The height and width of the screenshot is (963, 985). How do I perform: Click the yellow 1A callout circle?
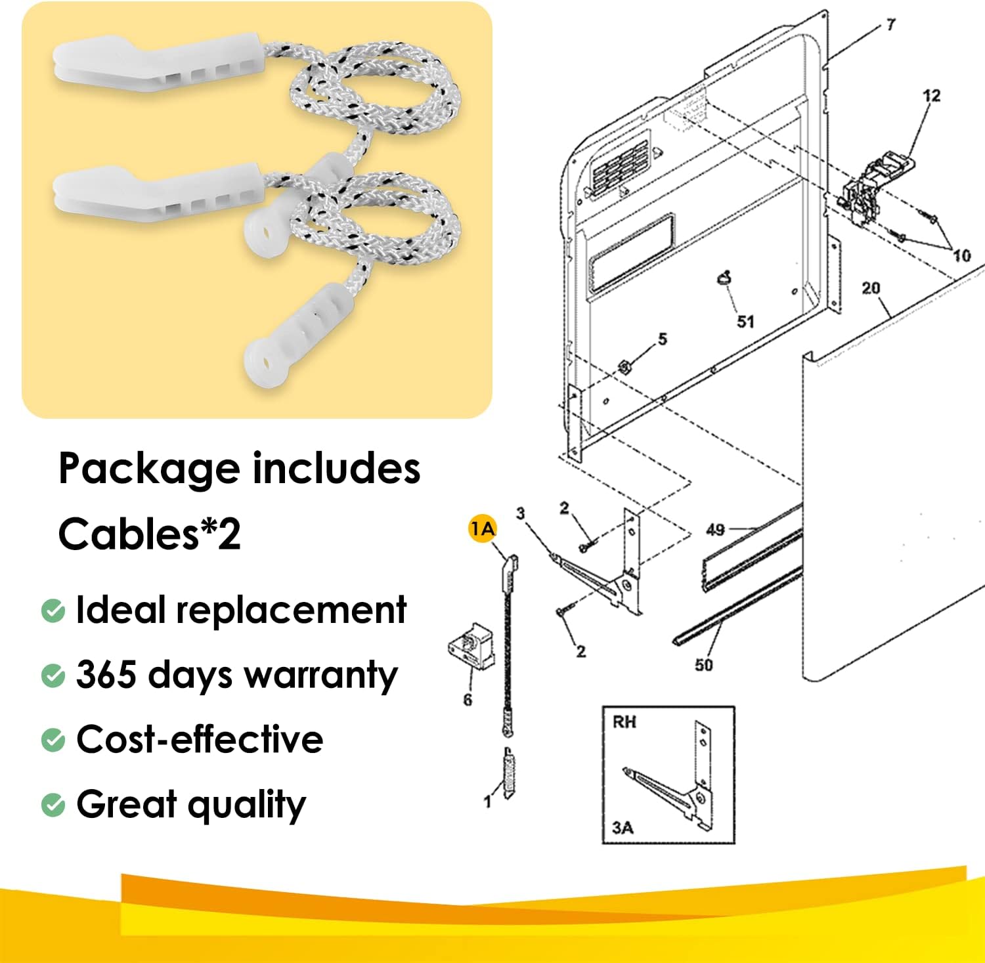pos(483,529)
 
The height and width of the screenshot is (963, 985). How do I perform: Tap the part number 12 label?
pos(931,96)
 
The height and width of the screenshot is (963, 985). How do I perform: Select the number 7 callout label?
pos(890,25)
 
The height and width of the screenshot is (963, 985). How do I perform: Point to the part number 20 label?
pos(871,288)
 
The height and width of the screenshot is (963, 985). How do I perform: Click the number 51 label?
pos(745,322)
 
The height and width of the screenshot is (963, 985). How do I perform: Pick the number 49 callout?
pos(715,530)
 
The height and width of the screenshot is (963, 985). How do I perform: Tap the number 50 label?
pos(704,665)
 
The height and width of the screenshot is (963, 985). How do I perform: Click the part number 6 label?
pos(468,700)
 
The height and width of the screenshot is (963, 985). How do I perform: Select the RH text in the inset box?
pos(624,722)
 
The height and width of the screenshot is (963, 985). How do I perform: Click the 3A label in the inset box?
pos(623,828)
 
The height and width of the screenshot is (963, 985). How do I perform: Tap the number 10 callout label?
pos(962,255)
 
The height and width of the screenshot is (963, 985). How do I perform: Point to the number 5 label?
pos(662,339)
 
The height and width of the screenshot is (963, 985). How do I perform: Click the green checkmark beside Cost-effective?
pos(53,740)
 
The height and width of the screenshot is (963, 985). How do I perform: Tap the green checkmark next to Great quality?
pos(53,805)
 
